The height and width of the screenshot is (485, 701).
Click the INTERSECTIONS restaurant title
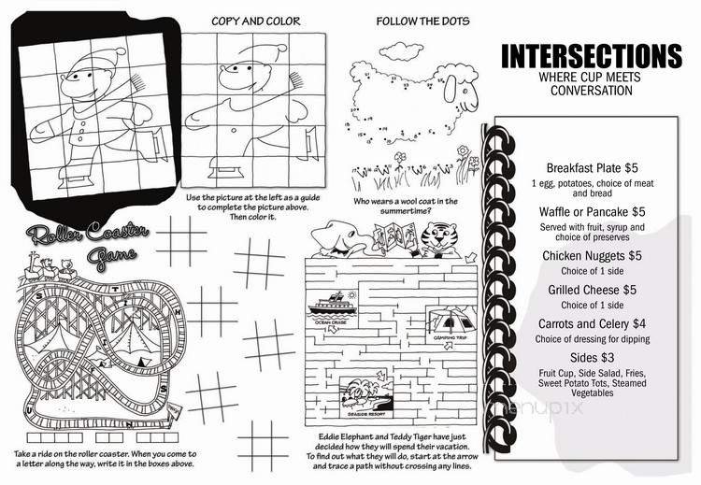590,55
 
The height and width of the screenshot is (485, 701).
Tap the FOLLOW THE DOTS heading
422,21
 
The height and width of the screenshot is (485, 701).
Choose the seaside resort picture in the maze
364,391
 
